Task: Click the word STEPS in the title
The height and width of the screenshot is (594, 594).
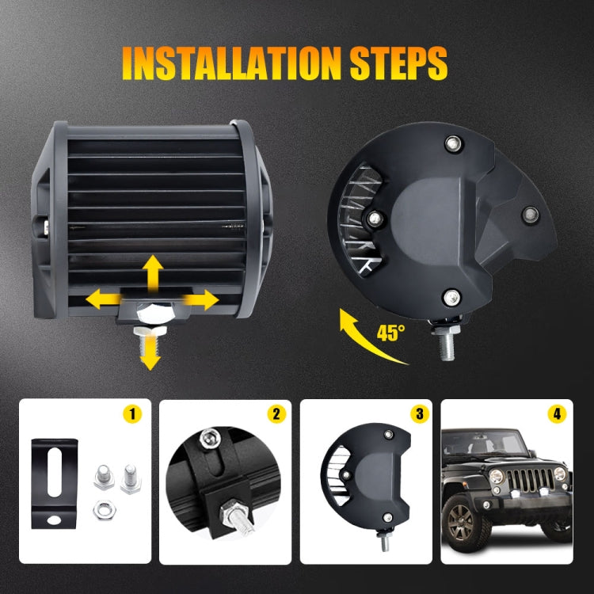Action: (397, 63)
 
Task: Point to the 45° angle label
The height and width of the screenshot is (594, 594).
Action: (392, 332)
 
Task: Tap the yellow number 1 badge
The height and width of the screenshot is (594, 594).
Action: (134, 413)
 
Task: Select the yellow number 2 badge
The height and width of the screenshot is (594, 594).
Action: (276, 413)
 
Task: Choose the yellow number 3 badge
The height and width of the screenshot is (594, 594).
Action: (417, 413)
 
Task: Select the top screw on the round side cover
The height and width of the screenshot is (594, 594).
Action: (452, 144)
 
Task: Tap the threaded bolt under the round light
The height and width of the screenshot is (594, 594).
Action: (440, 341)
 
